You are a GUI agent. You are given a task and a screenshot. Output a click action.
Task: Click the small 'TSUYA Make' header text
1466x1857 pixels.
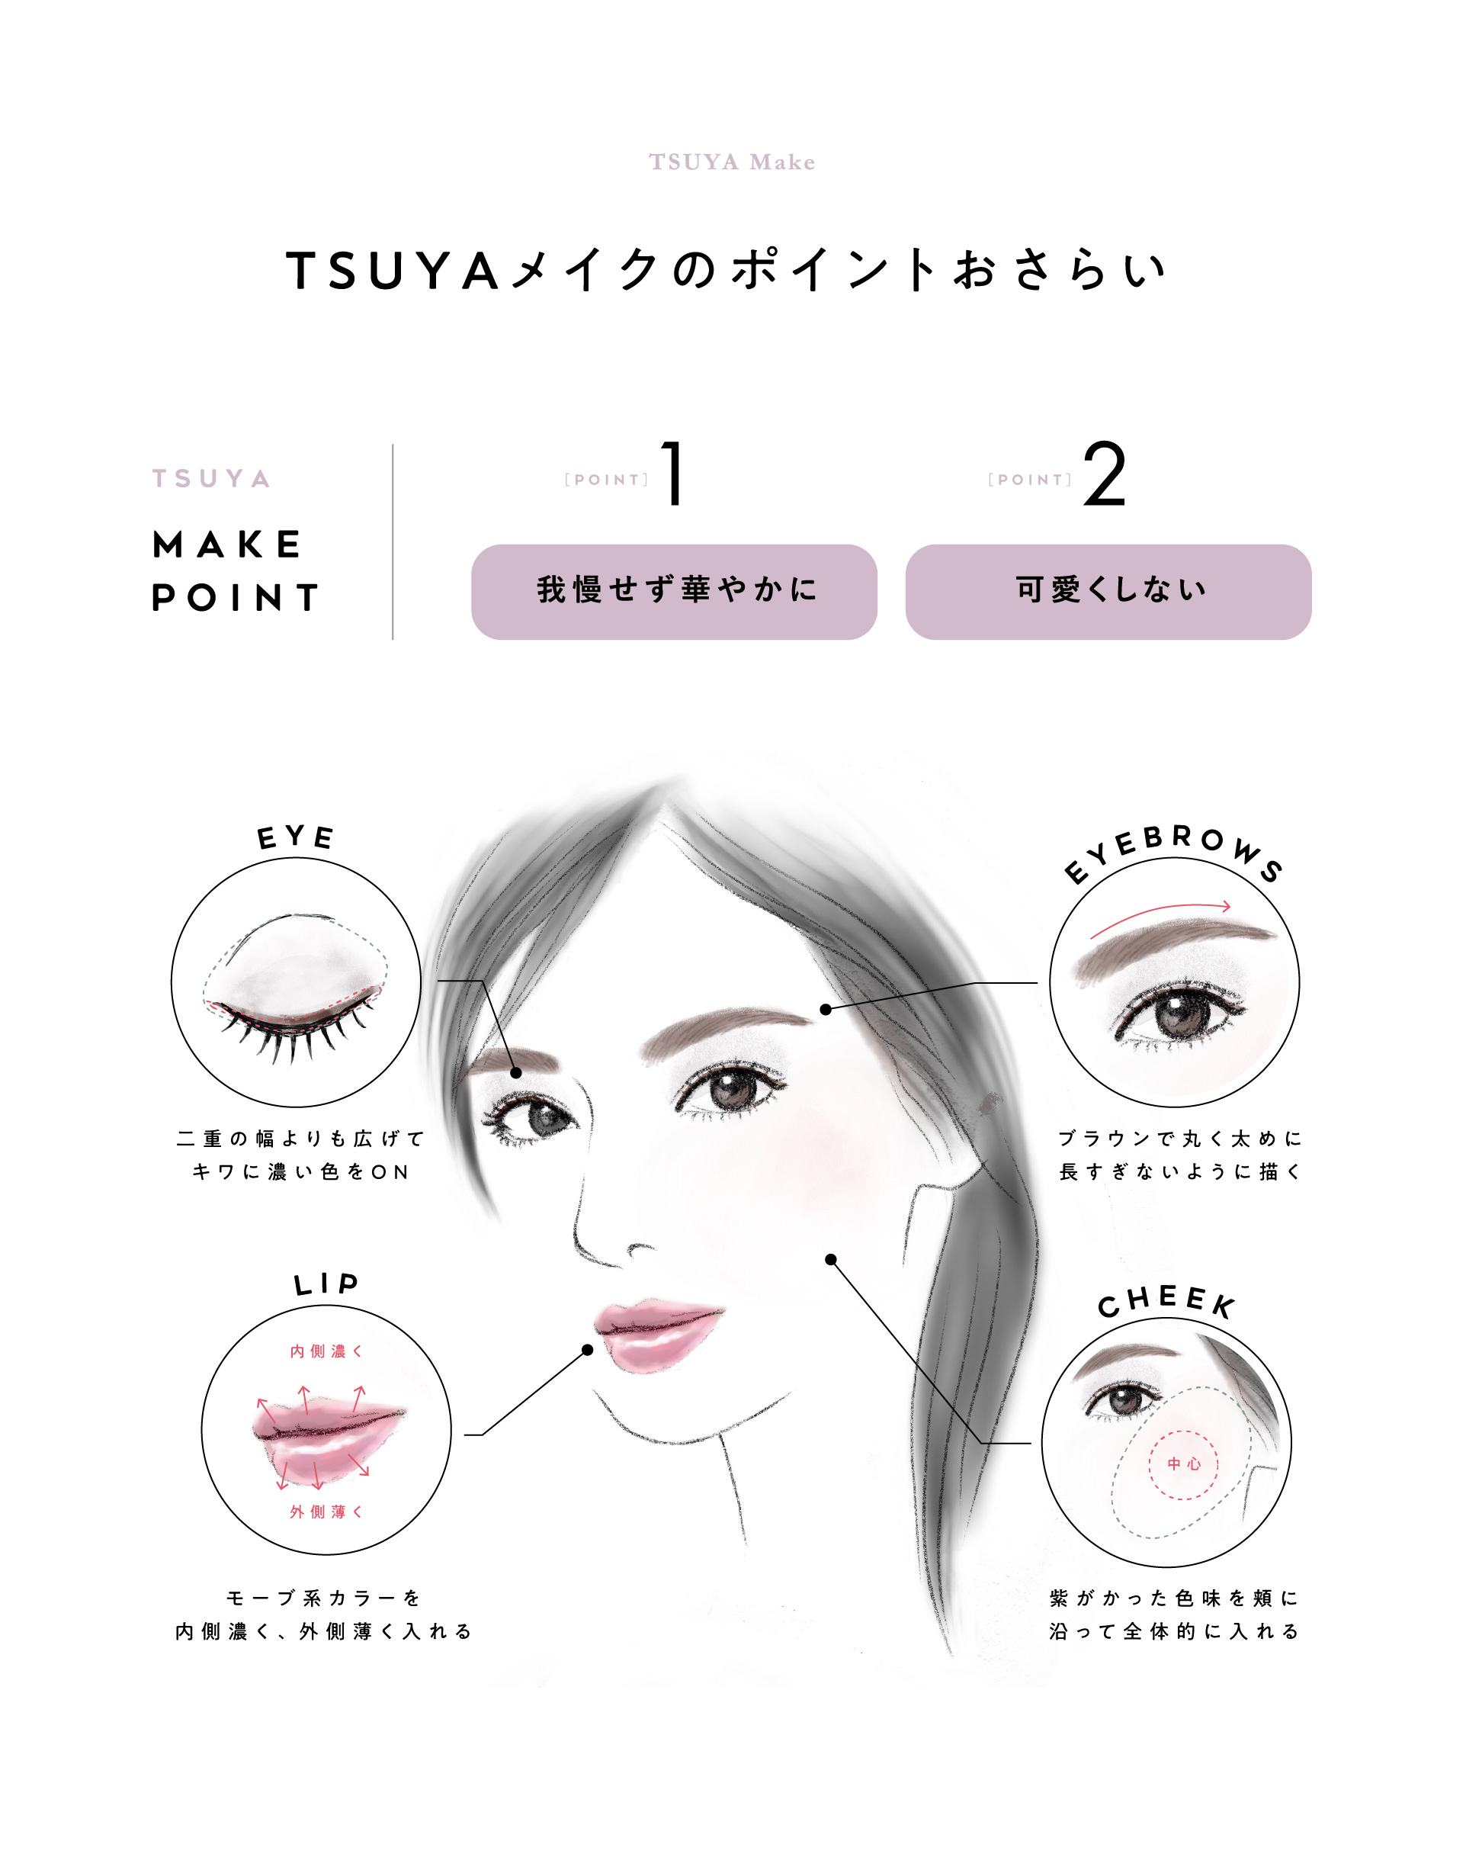(731, 162)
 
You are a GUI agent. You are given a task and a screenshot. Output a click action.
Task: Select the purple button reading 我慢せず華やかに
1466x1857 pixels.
(674, 592)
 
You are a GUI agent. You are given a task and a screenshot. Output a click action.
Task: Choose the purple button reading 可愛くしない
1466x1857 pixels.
(1108, 592)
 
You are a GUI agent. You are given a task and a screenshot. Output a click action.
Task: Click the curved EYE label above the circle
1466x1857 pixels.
(295, 837)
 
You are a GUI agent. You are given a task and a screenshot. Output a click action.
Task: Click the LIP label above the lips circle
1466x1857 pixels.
(326, 1284)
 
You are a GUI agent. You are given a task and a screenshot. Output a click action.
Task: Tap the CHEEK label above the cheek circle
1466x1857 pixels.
(1166, 1302)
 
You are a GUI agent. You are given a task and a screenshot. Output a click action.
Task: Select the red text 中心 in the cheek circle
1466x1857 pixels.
(1184, 1463)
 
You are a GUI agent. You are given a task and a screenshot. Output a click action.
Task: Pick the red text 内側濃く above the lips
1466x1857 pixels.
(326, 1351)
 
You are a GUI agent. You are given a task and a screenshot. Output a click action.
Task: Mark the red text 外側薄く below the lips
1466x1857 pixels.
(326, 1512)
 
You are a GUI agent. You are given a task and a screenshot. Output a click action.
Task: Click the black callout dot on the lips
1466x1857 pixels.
(588, 1351)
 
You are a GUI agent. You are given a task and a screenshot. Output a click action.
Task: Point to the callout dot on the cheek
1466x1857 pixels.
(831, 1259)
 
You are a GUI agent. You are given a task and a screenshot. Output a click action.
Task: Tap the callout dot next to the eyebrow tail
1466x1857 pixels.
(826, 1010)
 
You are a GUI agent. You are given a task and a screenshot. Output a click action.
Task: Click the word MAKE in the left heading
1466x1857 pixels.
(226, 545)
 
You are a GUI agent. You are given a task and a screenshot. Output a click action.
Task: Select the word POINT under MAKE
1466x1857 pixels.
(234, 598)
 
